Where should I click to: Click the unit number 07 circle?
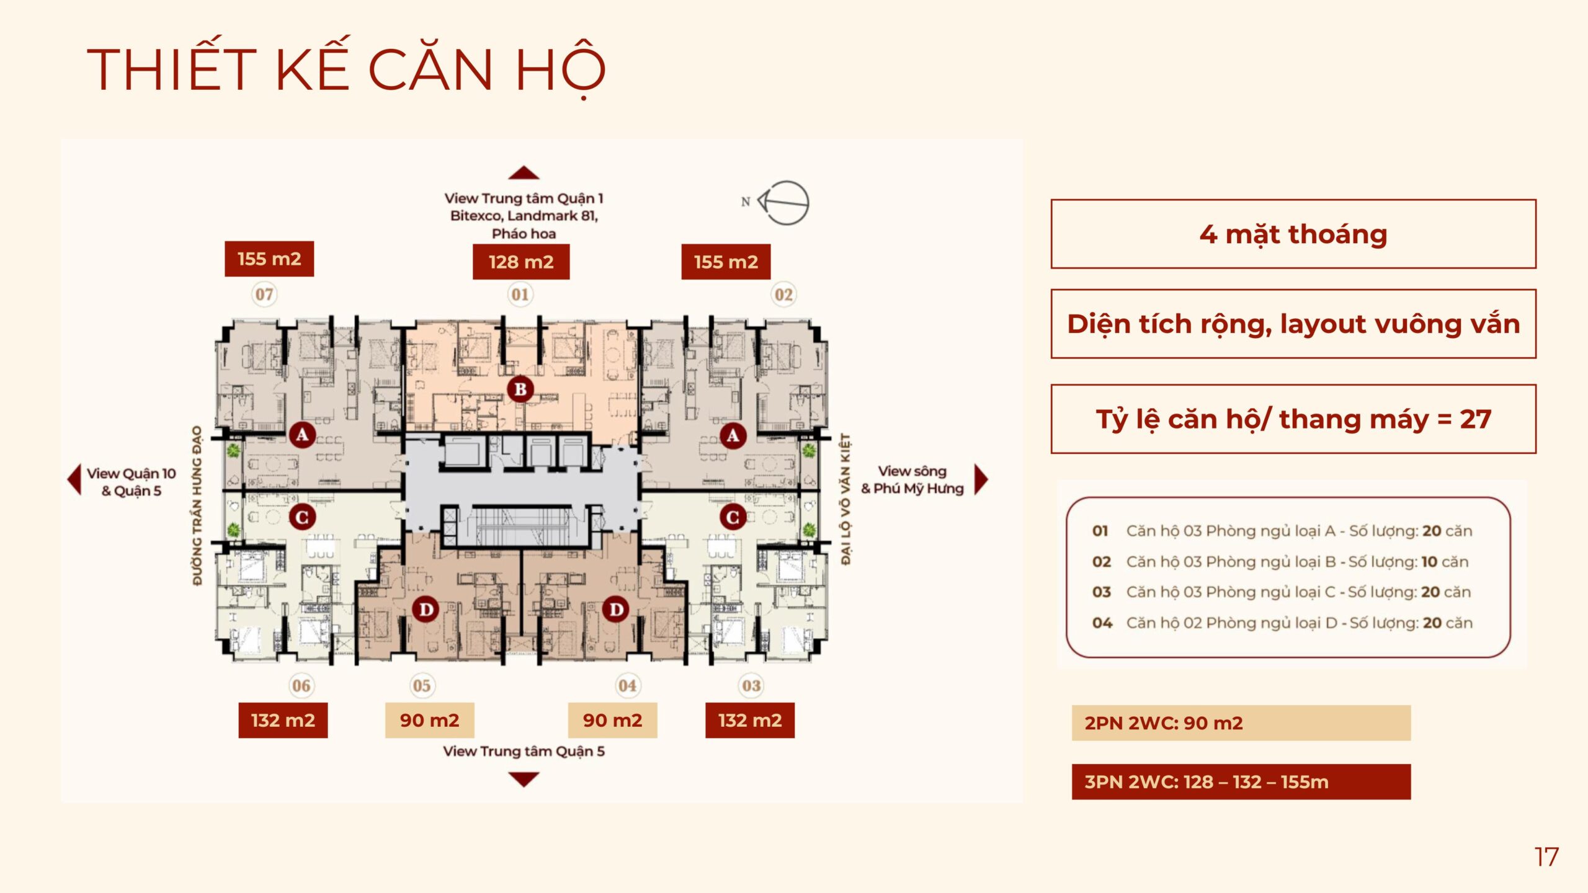point(264,294)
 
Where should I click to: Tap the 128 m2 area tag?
point(521,262)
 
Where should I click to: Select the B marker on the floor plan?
point(520,389)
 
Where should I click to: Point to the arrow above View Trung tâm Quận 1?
point(524,172)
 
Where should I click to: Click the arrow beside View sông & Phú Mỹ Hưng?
point(981,479)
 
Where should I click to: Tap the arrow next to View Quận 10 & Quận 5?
point(74,479)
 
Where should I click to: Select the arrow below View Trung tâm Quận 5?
point(524,780)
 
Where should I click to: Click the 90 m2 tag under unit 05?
point(430,720)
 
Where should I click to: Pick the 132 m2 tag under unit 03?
point(750,720)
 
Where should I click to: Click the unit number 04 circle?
point(627,685)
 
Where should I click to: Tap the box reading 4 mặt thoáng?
point(1293,234)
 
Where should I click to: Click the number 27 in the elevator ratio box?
point(1475,419)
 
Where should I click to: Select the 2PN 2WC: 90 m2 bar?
point(1241,722)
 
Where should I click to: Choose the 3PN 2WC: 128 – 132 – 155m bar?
point(1241,781)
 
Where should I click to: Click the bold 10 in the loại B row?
point(1429,562)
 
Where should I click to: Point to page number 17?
point(1546,857)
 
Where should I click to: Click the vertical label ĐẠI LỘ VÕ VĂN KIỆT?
point(845,499)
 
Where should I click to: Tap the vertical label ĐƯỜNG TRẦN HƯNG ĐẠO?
point(197,505)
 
